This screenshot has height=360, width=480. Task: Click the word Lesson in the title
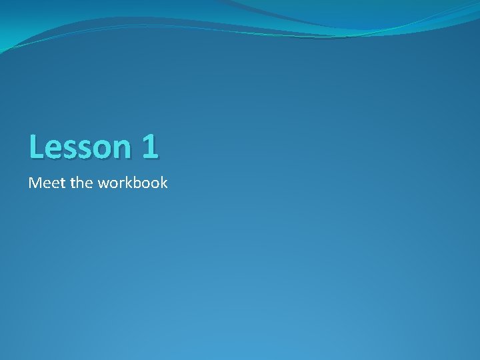pyautogui.click(x=79, y=147)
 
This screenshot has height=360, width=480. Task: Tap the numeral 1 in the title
pyautogui.click(x=149, y=147)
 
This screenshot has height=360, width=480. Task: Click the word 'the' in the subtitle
pyautogui.click(x=81, y=182)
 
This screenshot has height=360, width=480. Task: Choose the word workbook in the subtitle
pyautogui.click(x=132, y=182)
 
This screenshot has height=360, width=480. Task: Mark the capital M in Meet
pyautogui.click(x=34, y=182)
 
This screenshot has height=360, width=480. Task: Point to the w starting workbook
pyautogui.click(x=103, y=183)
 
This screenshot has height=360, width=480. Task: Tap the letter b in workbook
pyautogui.click(x=137, y=182)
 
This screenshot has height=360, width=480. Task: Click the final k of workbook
pyautogui.click(x=164, y=182)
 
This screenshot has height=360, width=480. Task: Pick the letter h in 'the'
pyautogui.click(x=81, y=182)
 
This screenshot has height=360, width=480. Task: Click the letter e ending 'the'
pyautogui.click(x=89, y=183)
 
